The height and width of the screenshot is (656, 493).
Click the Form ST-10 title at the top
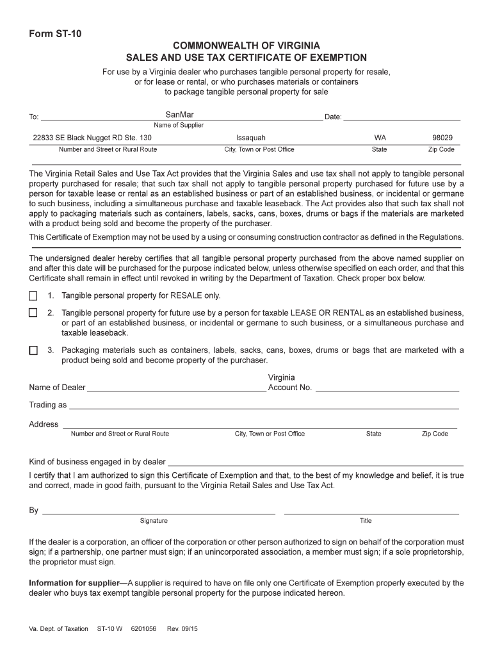tap(55, 34)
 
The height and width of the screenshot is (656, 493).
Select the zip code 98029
tap(442, 138)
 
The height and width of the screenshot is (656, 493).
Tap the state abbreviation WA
tap(380, 138)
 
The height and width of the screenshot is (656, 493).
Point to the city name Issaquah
tap(251, 138)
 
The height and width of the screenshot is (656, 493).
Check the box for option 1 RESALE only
tap(33, 296)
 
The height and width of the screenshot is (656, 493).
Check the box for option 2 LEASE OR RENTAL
tap(33, 313)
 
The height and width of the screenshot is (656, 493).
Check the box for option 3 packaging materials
tap(33, 350)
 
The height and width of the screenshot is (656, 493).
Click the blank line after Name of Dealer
tap(176, 388)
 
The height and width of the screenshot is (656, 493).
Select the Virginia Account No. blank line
tap(387, 388)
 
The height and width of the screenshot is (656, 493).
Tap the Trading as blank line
tap(264, 406)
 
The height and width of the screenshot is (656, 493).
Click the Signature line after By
tap(159, 512)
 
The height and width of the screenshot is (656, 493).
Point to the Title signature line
tap(371, 512)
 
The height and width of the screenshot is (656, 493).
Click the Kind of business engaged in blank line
tap(315, 463)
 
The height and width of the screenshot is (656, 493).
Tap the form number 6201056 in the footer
tap(143, 629)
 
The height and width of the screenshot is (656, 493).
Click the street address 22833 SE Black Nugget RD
tap(92, 138)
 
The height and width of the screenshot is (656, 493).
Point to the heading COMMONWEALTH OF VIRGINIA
tap(247, 46)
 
